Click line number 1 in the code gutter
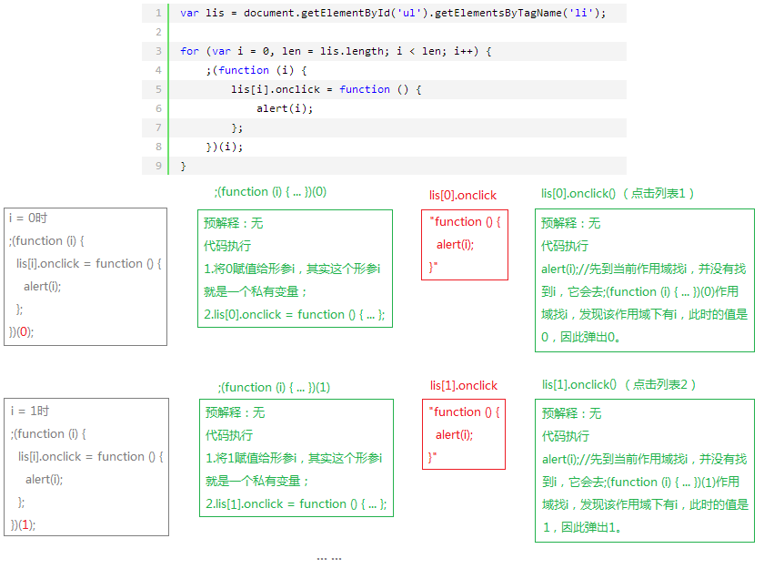[158, 13]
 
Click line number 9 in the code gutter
[158, 166]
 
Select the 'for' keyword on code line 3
[189, 51]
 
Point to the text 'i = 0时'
[28, 218]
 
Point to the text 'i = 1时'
[30, 411]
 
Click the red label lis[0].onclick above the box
[463, 195]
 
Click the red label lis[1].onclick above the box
[464, 385]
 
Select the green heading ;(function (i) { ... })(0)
[270, 192]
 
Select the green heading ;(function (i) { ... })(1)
[274, 387]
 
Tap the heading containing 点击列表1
[618, 193]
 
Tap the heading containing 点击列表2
[619, 384]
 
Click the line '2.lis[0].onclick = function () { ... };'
[295, 315]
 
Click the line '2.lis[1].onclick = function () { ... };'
[296, 504]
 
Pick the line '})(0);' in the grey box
[22, 332]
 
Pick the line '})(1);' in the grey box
[24, 525]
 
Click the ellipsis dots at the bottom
[329, 557]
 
